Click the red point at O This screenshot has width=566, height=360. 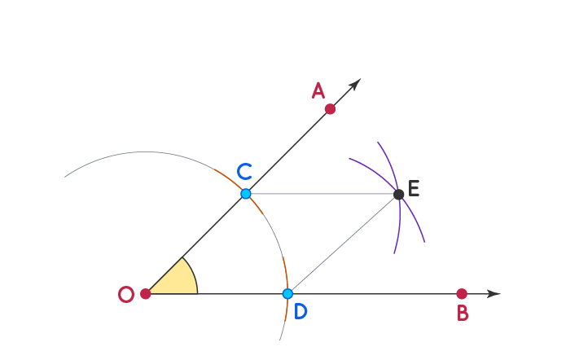(146, 293)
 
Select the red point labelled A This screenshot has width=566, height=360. (330, 108)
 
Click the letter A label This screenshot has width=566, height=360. (318, 90)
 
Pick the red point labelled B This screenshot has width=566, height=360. (462, 293)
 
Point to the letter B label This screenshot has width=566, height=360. (463, 314)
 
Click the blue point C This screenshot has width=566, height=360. (246, 194)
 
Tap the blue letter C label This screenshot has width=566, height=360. (244, 172)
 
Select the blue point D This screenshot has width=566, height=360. (287, 293)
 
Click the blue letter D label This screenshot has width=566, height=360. (301, 311)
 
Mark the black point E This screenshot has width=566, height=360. (398, 194)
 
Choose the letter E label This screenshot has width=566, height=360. (414, 189)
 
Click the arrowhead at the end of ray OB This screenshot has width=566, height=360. (494, 293)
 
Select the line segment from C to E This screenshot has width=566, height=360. (322, 194)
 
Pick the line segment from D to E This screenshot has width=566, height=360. (343, 244)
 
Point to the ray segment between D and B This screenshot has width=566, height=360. (375, 293)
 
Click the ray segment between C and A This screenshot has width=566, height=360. (287, 151)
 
